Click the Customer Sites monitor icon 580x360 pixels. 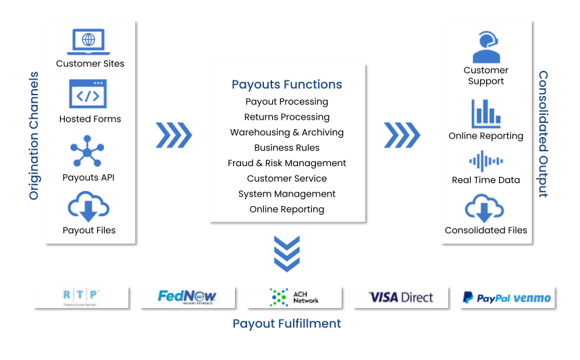88,41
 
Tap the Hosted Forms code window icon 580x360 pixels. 88,95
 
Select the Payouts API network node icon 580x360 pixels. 88,151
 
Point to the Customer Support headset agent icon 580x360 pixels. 486,47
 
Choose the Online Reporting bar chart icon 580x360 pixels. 486,113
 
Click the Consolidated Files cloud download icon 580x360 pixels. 485,208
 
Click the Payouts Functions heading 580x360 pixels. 287,84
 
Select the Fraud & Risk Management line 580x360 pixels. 287,163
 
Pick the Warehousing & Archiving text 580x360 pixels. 287,132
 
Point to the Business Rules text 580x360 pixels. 287,147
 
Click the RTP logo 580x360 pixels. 81,297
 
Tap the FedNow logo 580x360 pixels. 187,297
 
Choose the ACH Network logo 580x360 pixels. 294,297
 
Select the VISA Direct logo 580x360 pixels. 401,297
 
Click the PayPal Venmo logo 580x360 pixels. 507,297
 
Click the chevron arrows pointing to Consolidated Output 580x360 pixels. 402,135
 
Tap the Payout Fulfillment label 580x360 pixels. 287,324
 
